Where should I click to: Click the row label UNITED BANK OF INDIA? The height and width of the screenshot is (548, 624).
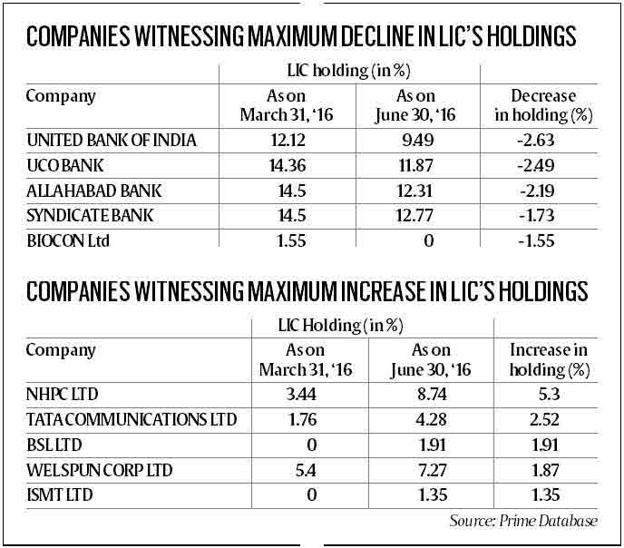[x=111, y=140]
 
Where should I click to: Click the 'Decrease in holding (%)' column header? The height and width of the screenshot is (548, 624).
[x=546, y=104]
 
